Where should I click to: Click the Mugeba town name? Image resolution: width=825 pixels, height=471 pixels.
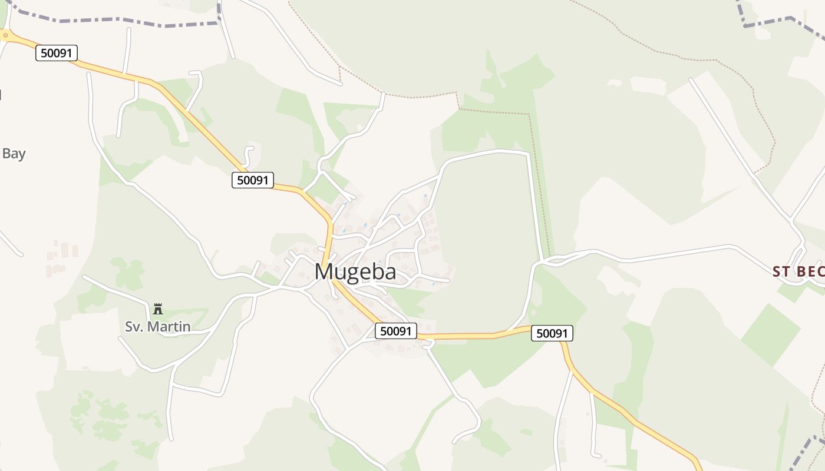pos(355,271)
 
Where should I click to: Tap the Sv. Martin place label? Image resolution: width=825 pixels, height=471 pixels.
pos(157,326)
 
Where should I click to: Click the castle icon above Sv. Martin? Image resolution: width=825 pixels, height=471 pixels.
pos(157,309)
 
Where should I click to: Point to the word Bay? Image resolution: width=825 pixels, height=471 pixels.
pos(14,154)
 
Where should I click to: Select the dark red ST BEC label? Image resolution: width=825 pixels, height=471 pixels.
pos(798,271)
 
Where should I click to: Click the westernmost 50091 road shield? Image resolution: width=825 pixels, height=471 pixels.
pos(57,53)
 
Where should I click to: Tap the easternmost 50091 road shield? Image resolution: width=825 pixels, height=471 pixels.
pos(552,333)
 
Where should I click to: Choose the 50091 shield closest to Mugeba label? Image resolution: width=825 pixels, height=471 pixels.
pos(395,331)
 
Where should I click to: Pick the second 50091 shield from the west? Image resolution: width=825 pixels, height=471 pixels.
pos(253,180)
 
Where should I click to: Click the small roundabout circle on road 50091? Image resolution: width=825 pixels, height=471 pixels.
pos(5,35)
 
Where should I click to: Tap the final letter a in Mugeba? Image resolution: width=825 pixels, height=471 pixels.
pos(390,272)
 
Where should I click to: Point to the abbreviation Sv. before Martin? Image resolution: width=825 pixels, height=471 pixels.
pos(134,326)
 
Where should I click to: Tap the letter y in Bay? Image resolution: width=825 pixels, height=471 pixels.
pos(22,155)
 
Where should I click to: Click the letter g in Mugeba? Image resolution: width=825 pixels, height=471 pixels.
pos(356,274)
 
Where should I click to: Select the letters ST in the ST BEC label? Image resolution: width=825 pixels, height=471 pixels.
pos(780,271)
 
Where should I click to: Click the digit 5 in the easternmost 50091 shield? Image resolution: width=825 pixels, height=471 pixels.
pos(539,333)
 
